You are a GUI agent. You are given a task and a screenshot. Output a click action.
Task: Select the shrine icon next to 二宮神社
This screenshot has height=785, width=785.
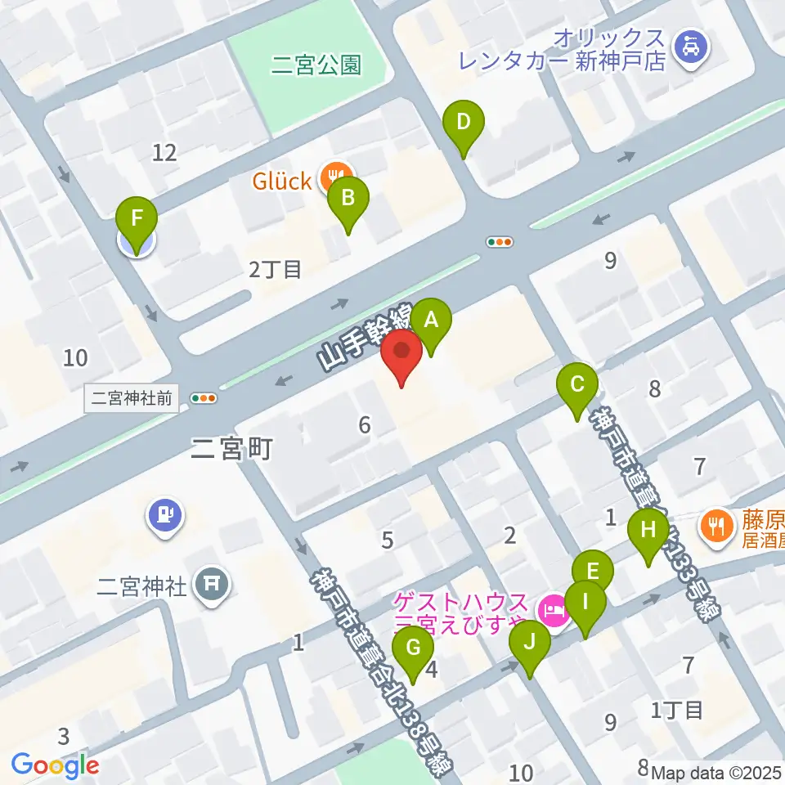213,584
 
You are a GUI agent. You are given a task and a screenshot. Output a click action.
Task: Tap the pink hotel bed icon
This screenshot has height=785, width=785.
554,609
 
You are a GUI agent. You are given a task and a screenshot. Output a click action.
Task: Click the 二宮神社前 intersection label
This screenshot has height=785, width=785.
132,398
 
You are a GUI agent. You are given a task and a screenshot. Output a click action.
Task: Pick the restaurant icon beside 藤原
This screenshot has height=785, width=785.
717,523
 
